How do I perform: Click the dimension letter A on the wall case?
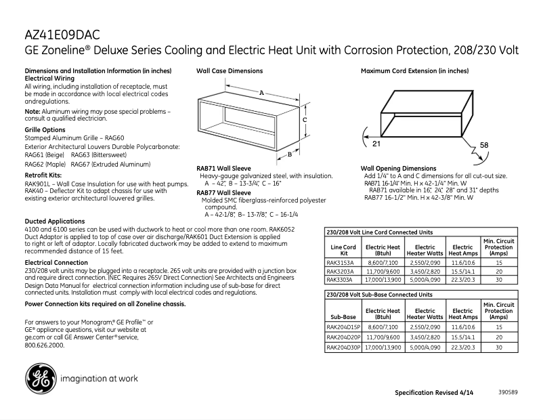261,92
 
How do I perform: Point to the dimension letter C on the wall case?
305,119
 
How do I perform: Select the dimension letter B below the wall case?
289,154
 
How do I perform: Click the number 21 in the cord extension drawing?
376,144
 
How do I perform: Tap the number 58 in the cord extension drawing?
483,146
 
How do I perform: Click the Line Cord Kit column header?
343,250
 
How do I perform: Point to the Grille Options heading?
45,129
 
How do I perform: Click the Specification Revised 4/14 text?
435,393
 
